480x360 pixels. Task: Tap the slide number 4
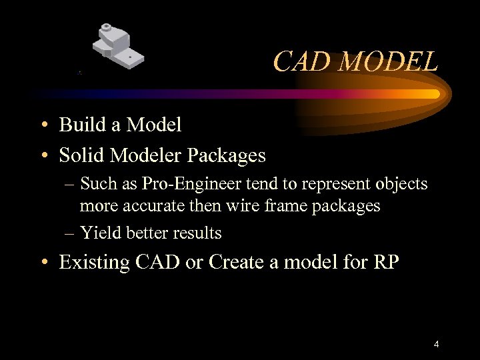coord(436,345)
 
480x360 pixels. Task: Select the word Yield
coord(99,233)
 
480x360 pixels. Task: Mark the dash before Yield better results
coord(71,233)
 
